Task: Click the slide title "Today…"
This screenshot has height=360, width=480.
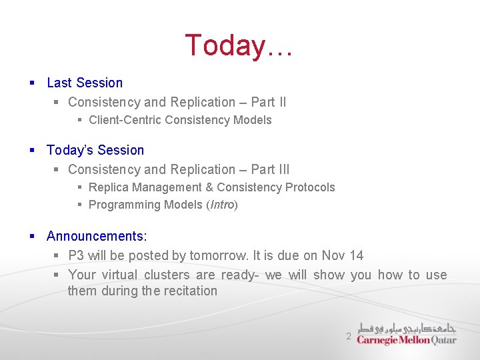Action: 238,45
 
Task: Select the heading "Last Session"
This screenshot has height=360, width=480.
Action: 85,83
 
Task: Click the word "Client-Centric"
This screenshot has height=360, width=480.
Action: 125,120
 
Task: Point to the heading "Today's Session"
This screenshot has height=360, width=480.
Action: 95,150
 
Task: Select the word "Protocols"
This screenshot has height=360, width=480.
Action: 310,187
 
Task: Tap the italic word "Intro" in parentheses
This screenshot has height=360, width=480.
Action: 222,205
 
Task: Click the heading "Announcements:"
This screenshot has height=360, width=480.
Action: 97,236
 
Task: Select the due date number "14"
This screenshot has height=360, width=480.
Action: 356,255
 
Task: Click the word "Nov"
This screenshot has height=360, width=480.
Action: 333,255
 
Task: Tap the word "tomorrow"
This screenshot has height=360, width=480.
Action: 219,255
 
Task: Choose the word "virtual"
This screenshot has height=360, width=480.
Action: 121,275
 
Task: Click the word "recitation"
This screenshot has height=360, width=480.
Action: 191,291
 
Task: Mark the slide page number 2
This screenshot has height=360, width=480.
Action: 348,337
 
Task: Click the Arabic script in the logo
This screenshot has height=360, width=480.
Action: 407,327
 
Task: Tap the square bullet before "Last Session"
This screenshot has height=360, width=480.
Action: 32,83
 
